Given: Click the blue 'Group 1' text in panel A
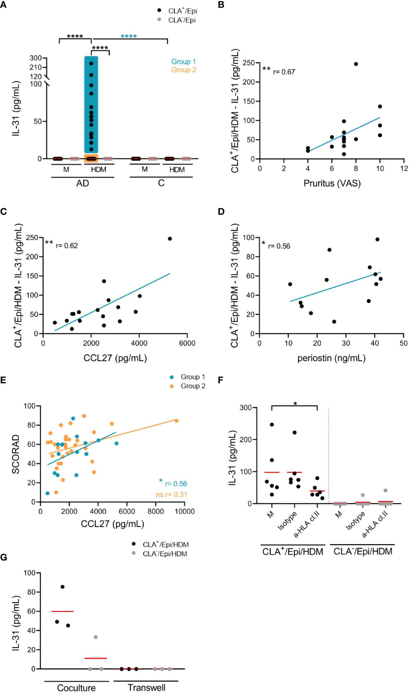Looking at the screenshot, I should point(183,61).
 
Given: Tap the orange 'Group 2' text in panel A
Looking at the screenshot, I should point(183,70).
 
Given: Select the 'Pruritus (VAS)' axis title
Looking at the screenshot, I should point(332,184).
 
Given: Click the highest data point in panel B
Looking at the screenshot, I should point(356,64).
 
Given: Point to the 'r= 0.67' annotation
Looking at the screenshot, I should point(284,72).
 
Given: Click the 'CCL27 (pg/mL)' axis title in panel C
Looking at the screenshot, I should point(115,358).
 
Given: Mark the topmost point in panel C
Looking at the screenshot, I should point(170,238).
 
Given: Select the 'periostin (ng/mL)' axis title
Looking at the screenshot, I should point(331,358).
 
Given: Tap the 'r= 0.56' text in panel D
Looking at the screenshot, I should point(279,246).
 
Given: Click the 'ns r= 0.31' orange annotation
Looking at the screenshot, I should point(171,495).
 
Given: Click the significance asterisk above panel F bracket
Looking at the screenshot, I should point(295,403).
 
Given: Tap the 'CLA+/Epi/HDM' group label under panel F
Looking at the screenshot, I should point(292,552).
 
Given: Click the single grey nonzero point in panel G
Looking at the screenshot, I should point(95,637).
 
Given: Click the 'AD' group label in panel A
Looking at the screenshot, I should point(83,183).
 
